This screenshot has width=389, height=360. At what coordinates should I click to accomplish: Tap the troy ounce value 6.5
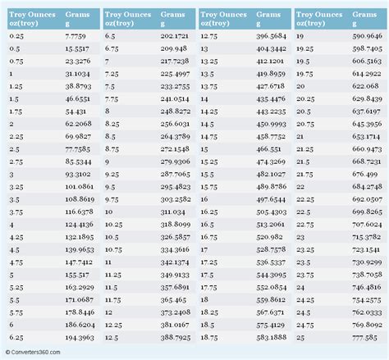tap(112, 37)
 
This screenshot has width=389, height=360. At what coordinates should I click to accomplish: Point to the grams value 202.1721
tap(176, 37)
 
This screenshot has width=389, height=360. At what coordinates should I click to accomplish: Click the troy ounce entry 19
tap(300, 37)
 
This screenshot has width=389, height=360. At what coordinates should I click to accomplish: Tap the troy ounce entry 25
tap(300, 337)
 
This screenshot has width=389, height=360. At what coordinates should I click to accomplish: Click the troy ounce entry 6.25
tap(18, 337)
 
